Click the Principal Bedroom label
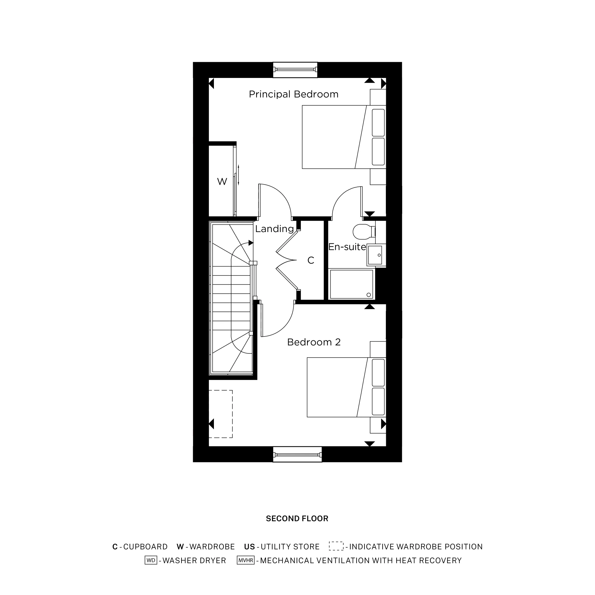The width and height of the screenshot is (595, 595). pos(294,94)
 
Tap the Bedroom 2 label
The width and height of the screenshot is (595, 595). pos(314,342)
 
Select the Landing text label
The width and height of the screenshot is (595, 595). pos(274,229)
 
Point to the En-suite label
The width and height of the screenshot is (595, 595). pos(347,247)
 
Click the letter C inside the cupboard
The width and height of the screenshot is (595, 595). pos(311,261)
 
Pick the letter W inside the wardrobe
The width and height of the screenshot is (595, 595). pos(222,182)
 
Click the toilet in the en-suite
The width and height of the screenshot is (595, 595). pos(362,231)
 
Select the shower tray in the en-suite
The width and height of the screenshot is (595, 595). pos(351,284)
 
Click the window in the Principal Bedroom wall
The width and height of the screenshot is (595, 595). pos(295,70)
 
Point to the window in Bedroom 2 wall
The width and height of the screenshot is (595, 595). pos(297,455)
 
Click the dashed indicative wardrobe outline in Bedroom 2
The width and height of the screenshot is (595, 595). pos(220,414)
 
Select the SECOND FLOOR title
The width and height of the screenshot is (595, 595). pos(297,519)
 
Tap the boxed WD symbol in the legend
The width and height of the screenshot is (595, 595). pos(151,560)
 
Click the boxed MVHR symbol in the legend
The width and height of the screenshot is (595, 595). pos(245,560)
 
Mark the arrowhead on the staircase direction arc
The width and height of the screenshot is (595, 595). pos(251,243)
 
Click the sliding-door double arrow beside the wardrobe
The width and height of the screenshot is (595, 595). pos(238,175)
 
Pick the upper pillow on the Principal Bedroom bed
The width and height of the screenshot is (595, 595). pos(378,123)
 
